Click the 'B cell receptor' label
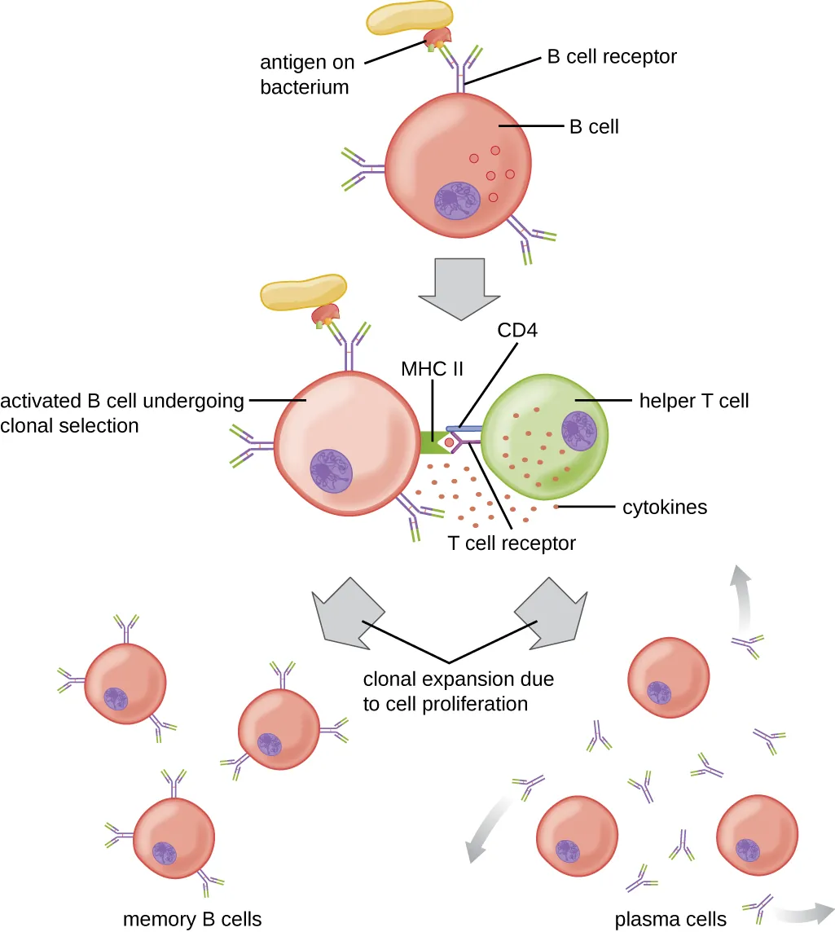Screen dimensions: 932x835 pos(611,58)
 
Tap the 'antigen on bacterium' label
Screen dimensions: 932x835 pos(305,74)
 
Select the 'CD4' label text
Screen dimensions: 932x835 pos(520,332)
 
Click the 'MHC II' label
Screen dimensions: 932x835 pos(432,368)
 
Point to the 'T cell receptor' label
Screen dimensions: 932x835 pos(512,543)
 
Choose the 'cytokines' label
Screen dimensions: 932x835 pos(665,508)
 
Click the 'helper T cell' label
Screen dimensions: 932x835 pos(694,400)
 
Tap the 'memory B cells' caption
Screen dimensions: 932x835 pos(192,920)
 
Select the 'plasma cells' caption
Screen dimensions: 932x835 pos(670,920)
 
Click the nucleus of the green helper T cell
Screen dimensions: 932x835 pos(580,430)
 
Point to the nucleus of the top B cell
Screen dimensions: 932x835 pos(459,200)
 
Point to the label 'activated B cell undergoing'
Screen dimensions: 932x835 pos(122,401)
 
